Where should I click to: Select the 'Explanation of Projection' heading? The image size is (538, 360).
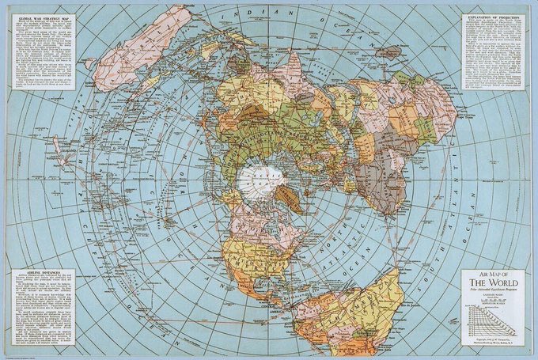[x=493, y=15]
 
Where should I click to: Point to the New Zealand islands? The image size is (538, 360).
[x=59, y=149]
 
